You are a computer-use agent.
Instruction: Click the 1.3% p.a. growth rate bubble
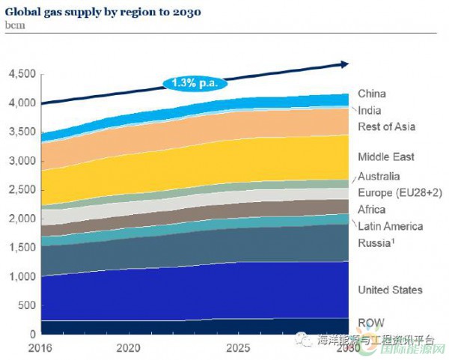(x=193, y=82)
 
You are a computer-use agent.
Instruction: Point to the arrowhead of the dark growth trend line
(x=344, y=64)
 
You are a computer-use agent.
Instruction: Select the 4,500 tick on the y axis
(x=22, y=74)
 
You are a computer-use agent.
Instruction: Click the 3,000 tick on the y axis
(x=22, y=161)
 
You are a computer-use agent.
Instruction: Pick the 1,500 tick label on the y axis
(x=22, y=248)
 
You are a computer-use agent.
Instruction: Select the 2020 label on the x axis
(x=129, y=348)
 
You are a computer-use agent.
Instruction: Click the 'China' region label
(x=372, y=94)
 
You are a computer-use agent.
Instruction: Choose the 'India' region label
(x=370, y=111)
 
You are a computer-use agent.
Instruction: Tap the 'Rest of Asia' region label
(x=386, y=127)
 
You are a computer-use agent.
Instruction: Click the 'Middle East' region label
(x=385, y=157)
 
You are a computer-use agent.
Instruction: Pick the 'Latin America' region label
(x=390, y=226)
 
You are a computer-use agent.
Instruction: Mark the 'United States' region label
(x=390, y=290)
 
